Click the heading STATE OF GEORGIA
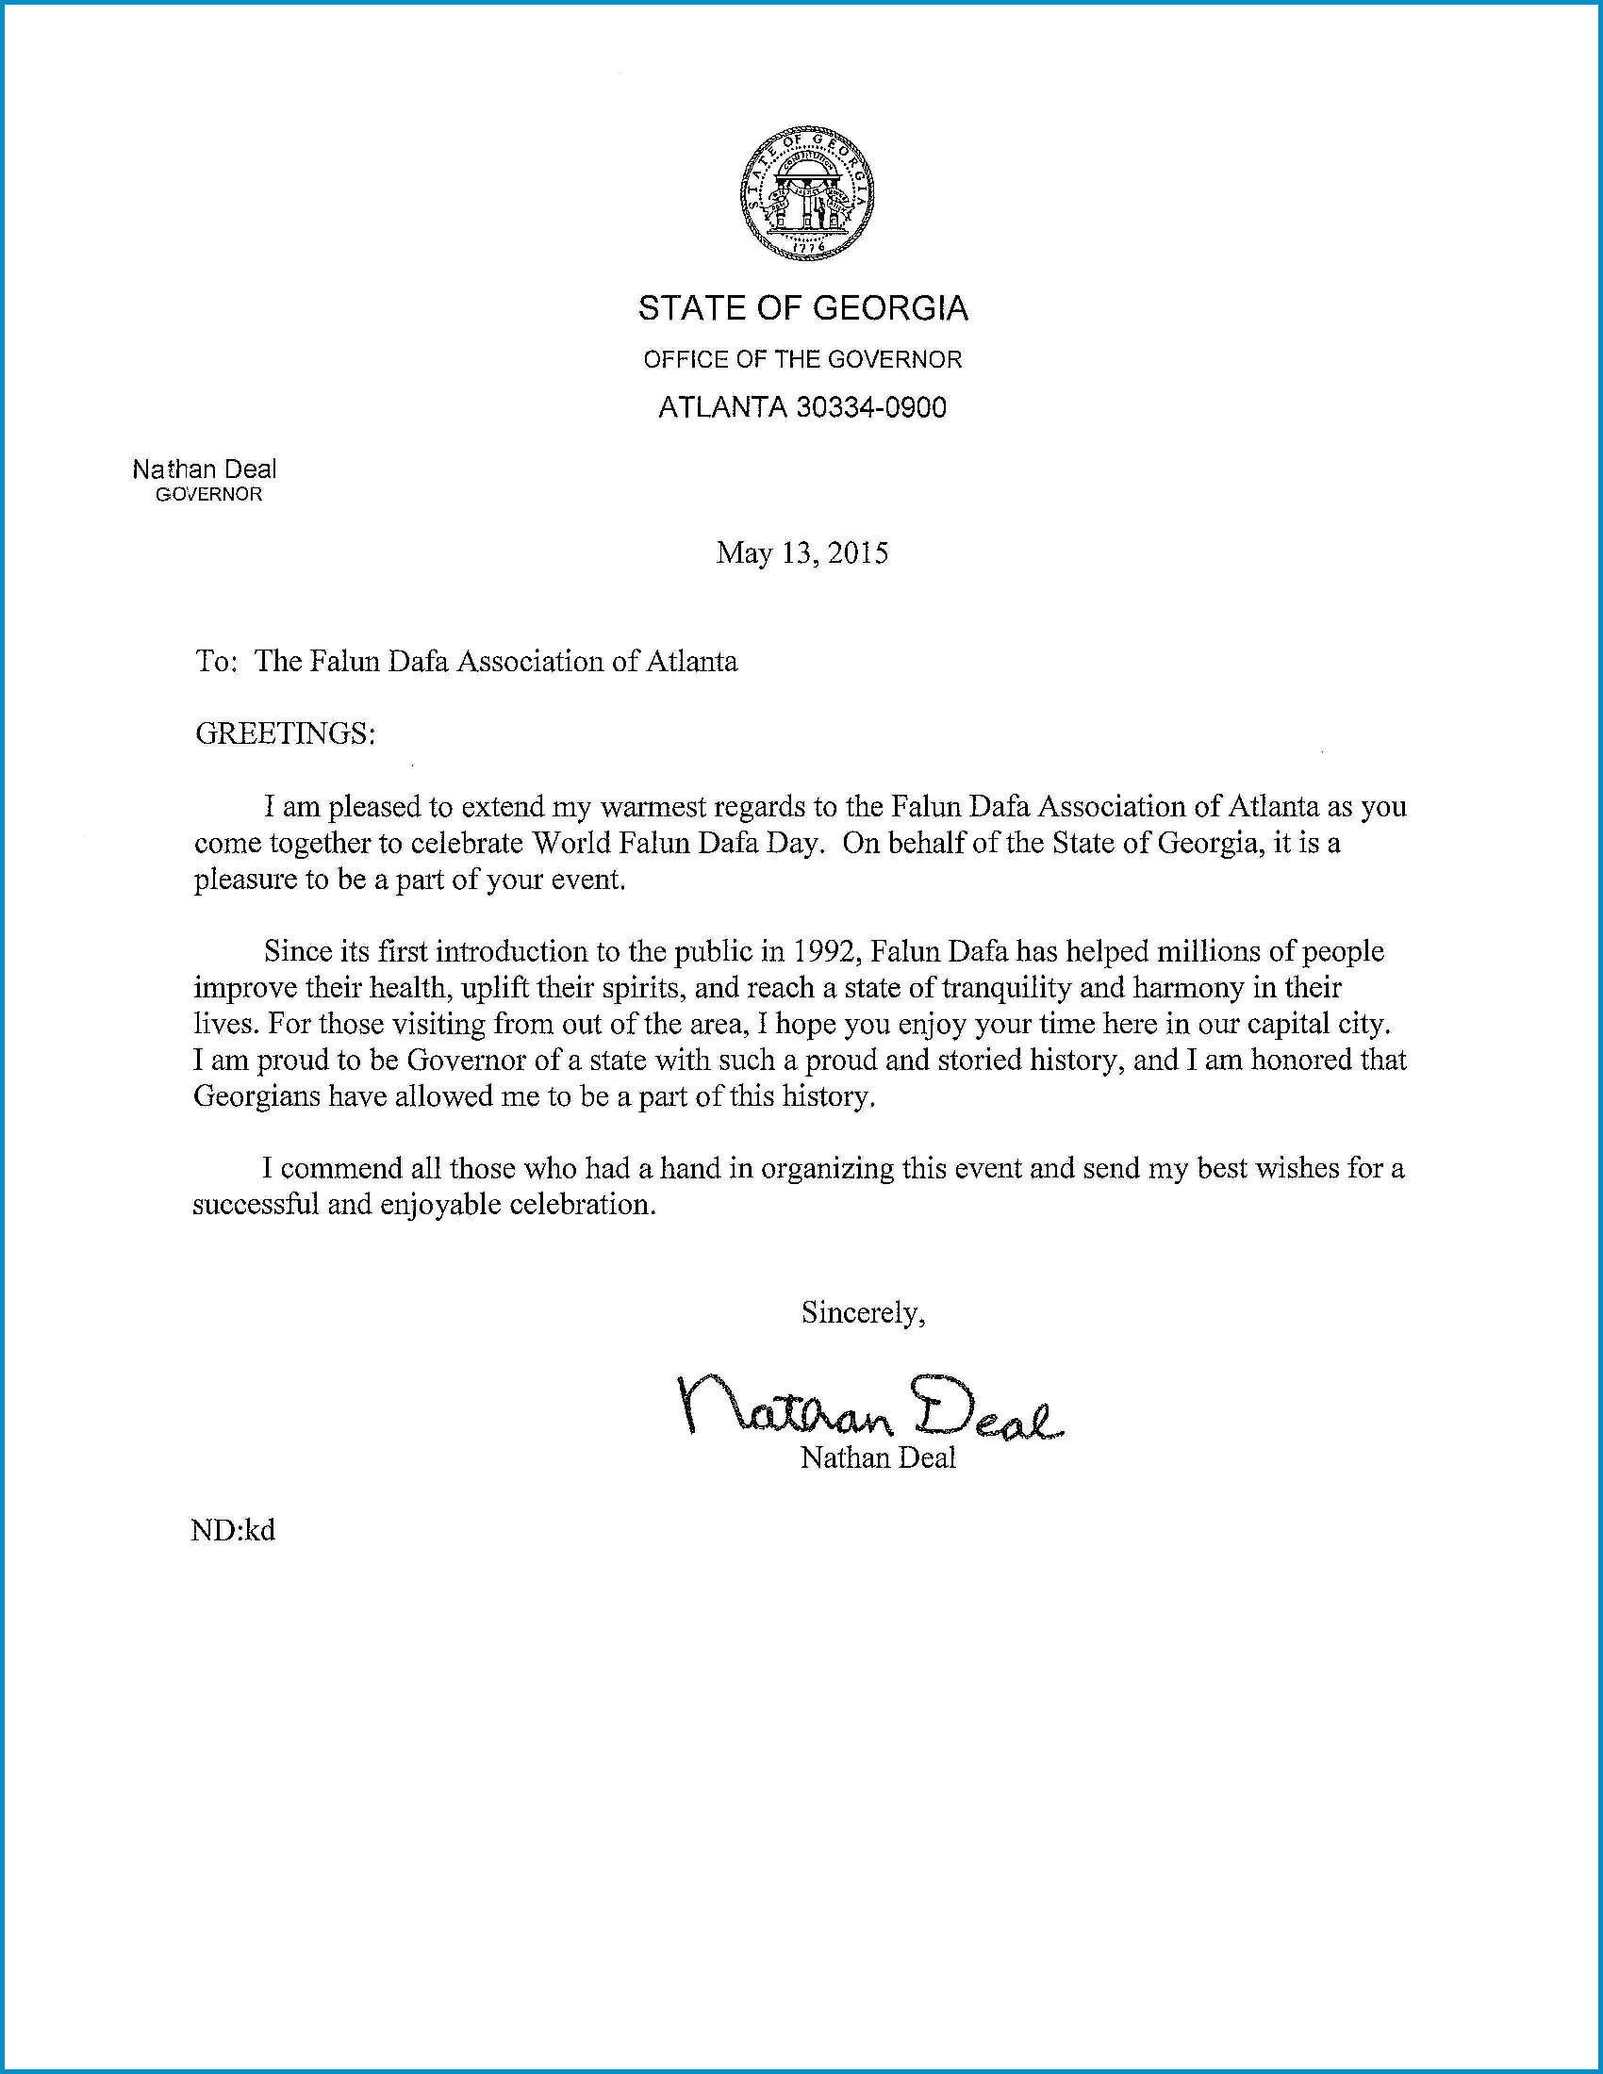point(802,308)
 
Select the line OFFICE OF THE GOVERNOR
point(802,359)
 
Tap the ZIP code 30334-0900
point(871,407)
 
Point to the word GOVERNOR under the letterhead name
point(208,495)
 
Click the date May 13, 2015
point(801,552)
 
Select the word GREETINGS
point(283,733)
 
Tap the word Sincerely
point(861,1312)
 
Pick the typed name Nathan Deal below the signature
point(878,1457)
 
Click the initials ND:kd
point(234,1531)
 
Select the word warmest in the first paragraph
point(654,806)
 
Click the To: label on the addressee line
point(215,661)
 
